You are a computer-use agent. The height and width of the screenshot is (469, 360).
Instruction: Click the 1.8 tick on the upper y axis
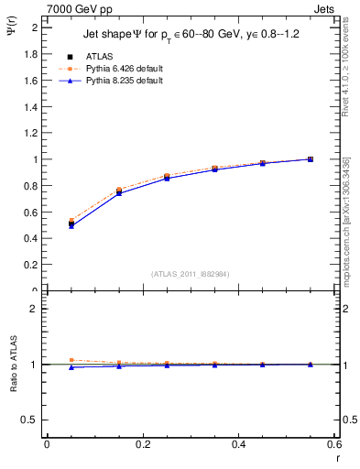click(x=31, y=54)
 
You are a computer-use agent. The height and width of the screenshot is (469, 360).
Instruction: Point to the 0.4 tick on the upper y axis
click(x=31, y=239)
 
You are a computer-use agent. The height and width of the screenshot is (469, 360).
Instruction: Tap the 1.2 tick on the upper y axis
click(x=31, y=133)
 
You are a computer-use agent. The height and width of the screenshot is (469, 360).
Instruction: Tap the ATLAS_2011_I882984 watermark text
click(x=191, y=273)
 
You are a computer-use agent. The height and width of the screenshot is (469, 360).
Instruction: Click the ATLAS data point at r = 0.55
click(x=311, y=159)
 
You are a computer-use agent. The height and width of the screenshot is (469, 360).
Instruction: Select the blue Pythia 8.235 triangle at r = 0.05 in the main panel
click(x=71, y=225)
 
